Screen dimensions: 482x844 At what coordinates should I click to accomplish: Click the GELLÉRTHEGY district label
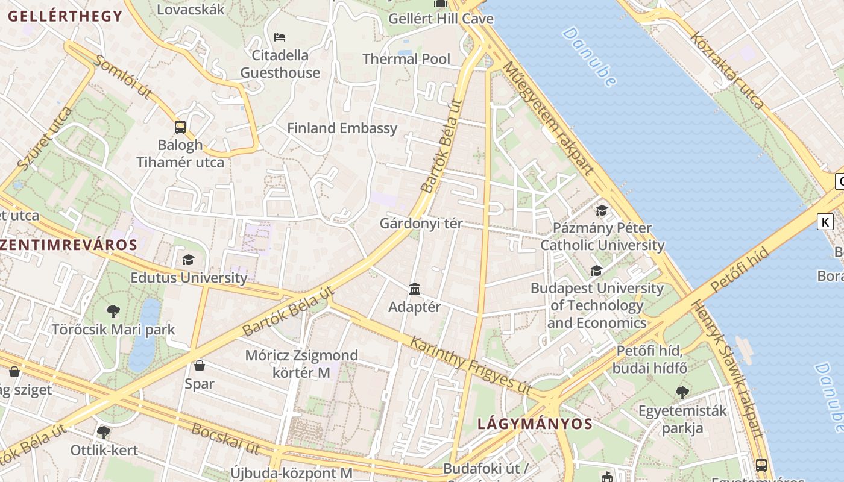tap(65, 16)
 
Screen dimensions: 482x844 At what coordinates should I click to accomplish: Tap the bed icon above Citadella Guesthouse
tap(280, 37)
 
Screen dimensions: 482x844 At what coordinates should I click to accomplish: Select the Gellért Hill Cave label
tap(441, 19)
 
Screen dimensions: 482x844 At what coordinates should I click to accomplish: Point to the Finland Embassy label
tap(342, 128)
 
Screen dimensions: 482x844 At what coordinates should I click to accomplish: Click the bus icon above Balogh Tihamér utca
tap(180, 127)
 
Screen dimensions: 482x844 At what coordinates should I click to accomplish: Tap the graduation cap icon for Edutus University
tap(189, 260)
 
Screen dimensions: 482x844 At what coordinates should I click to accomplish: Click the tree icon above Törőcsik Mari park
tap(113, 311)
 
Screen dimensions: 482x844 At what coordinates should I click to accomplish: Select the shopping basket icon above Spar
tap(200, 366)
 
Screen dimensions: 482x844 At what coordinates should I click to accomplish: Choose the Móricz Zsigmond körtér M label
tap(301, 364)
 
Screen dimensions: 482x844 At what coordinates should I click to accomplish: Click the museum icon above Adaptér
tap(415, 289)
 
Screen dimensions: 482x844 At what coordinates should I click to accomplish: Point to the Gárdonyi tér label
tap(421, 224)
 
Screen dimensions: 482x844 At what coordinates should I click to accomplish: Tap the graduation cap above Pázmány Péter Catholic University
tap(602, 210)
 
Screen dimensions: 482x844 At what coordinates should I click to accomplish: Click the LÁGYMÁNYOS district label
tap(535, 424)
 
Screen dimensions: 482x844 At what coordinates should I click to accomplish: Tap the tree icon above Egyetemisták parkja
tap(682, 393)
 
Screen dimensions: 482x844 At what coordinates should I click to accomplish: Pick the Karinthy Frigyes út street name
tap(470, 366)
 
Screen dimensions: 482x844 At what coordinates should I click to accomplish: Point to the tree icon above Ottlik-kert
tap(104, 432)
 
